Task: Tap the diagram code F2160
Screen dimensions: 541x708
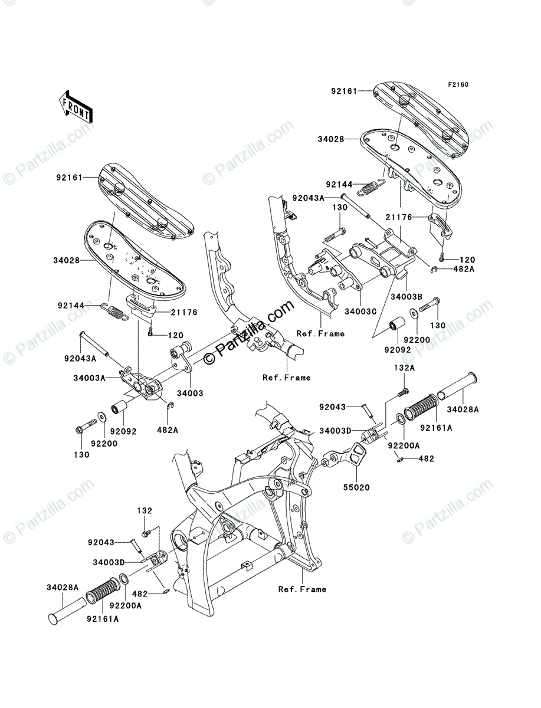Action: tap(458, 85)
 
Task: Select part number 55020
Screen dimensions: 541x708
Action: tap(356, 487)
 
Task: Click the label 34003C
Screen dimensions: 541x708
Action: tap(360, 312)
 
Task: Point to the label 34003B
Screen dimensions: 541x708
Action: tap(406, 297)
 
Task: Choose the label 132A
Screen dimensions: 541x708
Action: tap(404, 368)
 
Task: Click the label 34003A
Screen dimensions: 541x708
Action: tap(89, 378)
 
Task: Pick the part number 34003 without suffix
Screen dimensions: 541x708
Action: tap(190, 393)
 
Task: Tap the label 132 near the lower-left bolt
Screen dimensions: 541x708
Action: tap(145, 510)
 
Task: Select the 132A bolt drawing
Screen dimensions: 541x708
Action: tap(404, 392)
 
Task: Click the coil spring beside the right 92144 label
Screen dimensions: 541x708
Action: tap(371, 186)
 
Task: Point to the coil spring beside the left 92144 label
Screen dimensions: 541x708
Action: tap(116, 312)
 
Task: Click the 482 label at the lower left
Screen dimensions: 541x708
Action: tap(140, 594)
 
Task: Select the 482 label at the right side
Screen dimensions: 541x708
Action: tap(426, 458)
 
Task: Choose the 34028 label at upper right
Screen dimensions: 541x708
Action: tap(331, 139)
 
